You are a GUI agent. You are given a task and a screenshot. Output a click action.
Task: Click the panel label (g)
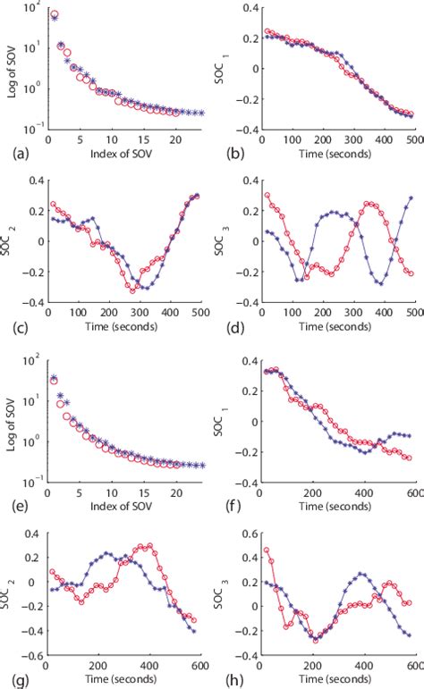[x=13, y=676]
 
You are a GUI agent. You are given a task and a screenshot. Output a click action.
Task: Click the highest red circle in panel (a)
[x=55, y=15]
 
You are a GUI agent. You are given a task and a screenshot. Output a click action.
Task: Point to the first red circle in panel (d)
[x=266, y=195]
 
